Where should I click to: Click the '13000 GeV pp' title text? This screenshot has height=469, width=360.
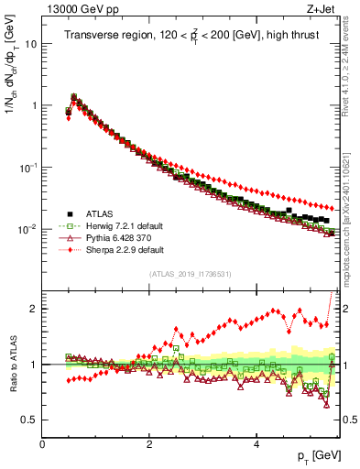(x=83, y=8)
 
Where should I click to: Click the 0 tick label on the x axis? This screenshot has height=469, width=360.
(x=42, y=444)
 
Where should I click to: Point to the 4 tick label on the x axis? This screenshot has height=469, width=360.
(x=256, y=444)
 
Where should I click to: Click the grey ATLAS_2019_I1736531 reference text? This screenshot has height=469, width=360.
(x=190, y=274)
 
